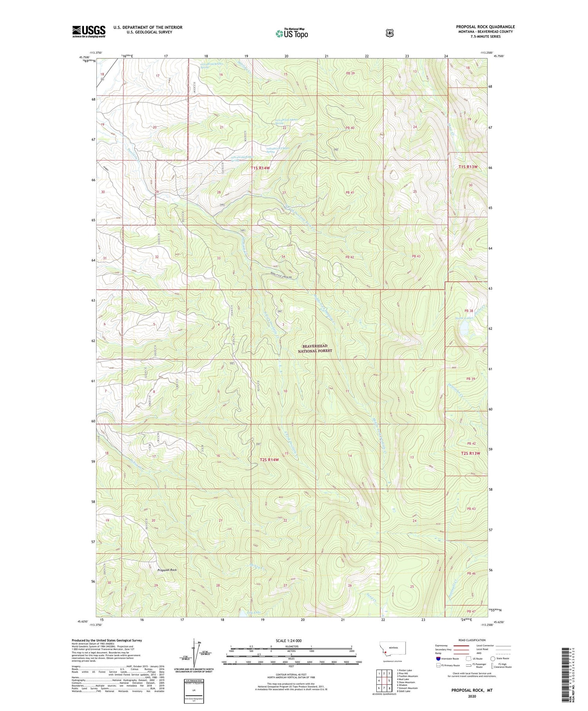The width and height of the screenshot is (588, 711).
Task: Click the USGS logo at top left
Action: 89,31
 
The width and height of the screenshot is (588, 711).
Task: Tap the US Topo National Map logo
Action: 292,33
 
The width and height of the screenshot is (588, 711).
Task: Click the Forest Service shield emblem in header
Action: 389,33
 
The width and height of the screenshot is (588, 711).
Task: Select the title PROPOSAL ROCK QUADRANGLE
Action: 485,27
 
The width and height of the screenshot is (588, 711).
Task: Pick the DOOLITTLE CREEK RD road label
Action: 281,277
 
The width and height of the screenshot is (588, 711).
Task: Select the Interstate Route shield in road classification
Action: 438,658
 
